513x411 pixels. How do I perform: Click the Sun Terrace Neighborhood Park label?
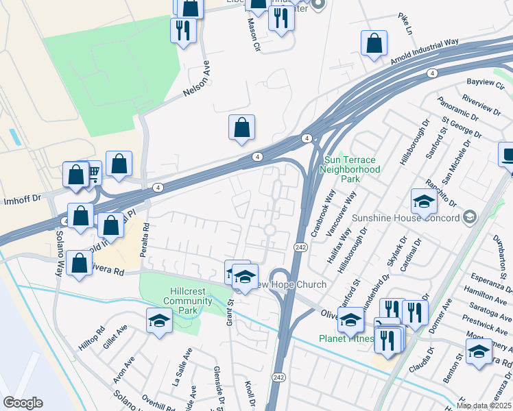351,168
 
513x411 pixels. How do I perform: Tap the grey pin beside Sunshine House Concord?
469,218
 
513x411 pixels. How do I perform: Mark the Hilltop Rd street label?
90,338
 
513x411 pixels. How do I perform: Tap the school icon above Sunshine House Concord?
424,201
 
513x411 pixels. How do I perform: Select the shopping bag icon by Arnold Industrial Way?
374,42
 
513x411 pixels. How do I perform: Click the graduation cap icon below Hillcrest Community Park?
159,321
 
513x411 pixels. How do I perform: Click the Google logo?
22,403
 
